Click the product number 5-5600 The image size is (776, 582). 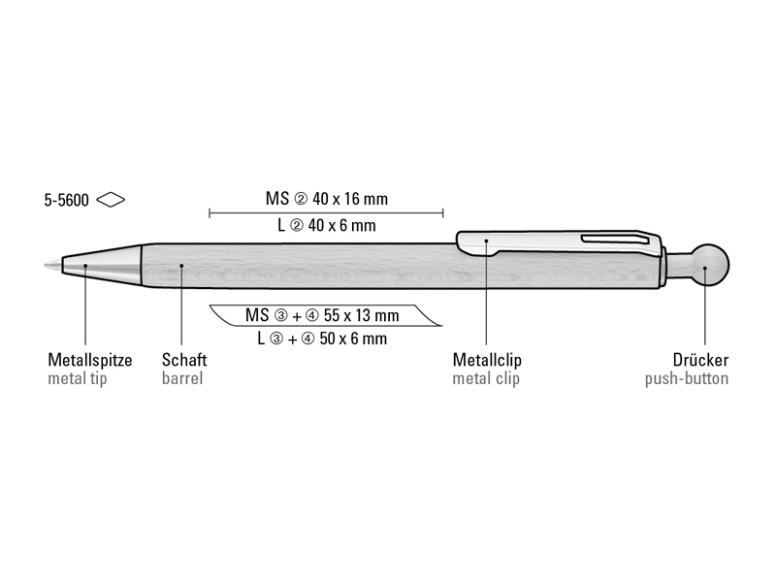[x=66, y=201]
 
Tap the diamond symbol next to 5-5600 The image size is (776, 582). [x=111, y=200]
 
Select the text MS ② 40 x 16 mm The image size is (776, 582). [x=327, y=199]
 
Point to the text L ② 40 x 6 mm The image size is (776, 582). [x=327, y=226]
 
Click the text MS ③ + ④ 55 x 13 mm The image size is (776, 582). [x=322, y=315]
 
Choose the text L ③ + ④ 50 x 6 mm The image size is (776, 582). [x=322, y=339]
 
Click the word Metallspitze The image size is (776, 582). [x=90, y=360]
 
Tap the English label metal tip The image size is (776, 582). [x=78, y=378]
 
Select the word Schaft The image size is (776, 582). [x=184, y=359]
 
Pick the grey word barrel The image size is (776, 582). [x=182, y=378]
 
